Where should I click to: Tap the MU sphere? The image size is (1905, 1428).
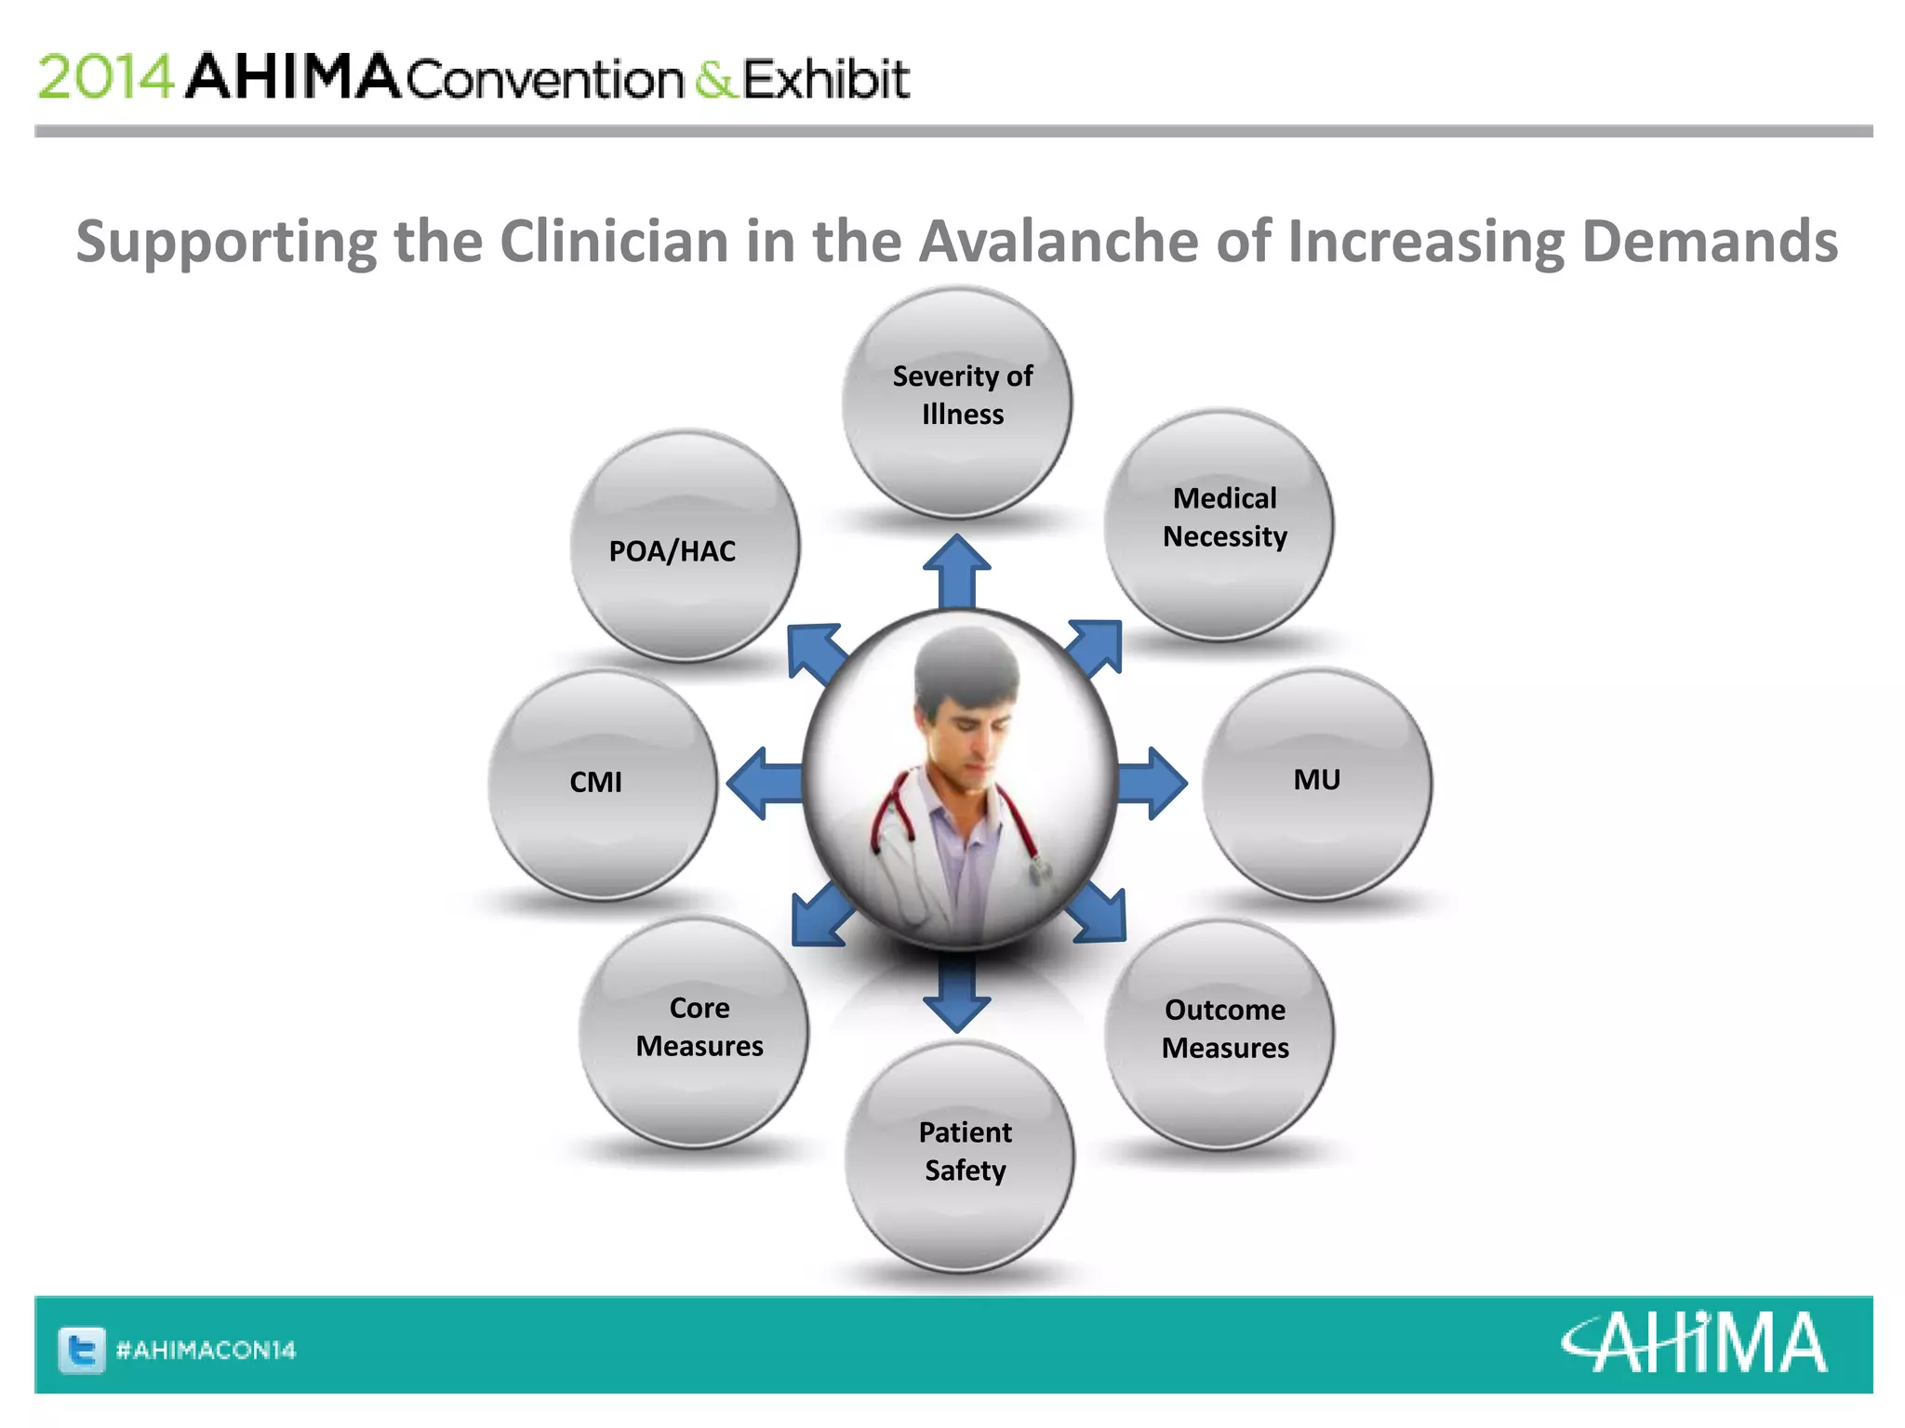click(1316, 784)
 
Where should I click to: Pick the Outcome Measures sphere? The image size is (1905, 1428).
click(1219, 1034)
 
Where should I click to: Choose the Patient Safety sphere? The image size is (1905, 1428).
click(959, 1157)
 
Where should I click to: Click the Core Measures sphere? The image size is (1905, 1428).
click(693, 1031)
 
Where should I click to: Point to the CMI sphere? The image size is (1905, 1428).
click(603, 784)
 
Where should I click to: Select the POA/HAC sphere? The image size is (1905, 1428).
click(685, 546)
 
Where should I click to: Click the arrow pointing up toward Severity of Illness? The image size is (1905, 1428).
click(956, 569)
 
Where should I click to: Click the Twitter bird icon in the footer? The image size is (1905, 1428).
click(82, 1350)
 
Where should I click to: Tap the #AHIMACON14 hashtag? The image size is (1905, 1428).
click(206, 1350)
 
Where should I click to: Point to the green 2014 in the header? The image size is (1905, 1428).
click(105, 77)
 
